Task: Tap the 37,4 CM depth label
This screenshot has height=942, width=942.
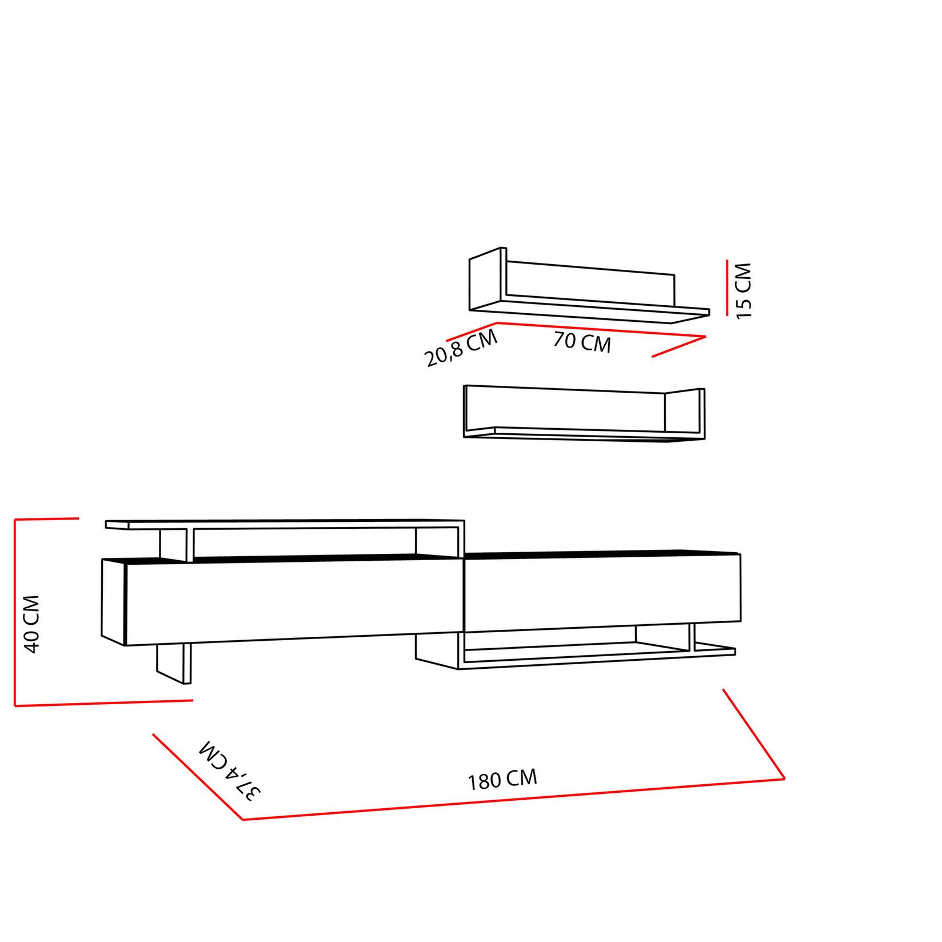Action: [x=230, y=771]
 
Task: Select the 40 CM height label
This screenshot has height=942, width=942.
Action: [x=31, y=624]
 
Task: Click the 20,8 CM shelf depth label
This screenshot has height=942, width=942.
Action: [x=461, y=349]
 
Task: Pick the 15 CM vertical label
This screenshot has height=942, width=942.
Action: [x=744, y=290]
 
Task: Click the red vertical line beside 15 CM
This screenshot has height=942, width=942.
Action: [x=727, y=287]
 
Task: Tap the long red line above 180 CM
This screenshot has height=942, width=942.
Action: [x=514, y=799]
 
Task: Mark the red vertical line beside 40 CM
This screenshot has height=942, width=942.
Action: [x=15, y=612]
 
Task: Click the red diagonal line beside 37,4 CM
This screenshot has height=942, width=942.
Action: [x=197, y=776]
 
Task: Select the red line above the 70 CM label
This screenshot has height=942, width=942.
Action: [x=600, y=330]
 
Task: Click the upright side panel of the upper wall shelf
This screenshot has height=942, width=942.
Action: [x=485, y=280]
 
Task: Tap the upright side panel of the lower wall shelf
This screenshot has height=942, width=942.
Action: [x=684, y=411]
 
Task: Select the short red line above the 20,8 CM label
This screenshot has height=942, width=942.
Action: [x=472, y=331]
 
